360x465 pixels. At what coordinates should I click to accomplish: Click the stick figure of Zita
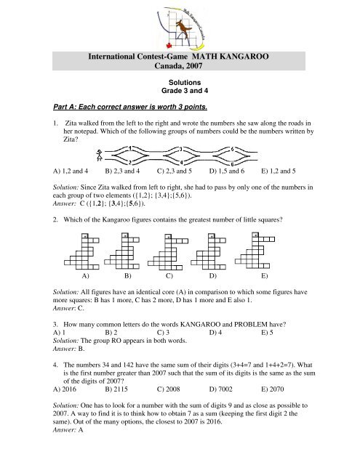click(100, 155)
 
